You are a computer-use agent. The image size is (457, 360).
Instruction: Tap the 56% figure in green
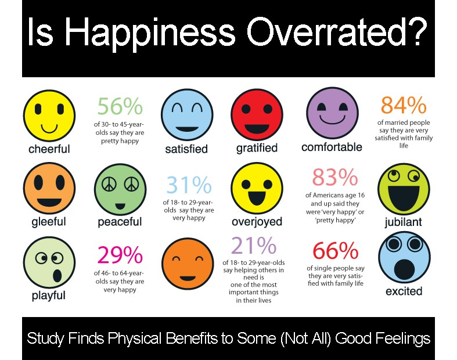119,107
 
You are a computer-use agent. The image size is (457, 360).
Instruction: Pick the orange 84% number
403,106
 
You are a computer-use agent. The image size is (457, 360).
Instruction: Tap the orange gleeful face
49,188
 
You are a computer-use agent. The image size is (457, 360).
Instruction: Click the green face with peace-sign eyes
119,190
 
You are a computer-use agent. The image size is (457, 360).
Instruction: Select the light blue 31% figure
189,185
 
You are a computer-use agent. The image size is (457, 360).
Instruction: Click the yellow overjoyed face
257,189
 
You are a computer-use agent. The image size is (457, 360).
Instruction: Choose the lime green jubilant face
404,188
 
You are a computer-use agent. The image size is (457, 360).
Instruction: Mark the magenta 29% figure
120,255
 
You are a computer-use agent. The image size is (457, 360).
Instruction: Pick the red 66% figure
335,251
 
